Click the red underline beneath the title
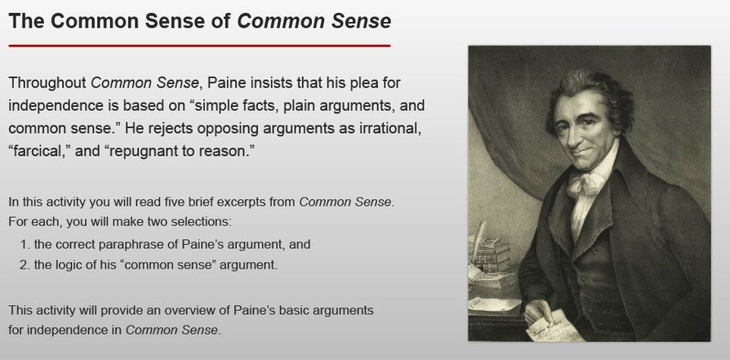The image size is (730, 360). coord(198,47)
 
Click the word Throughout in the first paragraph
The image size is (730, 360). coord(46,83)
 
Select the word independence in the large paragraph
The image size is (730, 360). coord(58,106)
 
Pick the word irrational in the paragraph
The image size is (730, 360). coord(388,129)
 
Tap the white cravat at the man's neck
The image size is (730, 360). coord(586,181)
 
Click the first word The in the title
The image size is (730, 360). coord(25,20)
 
